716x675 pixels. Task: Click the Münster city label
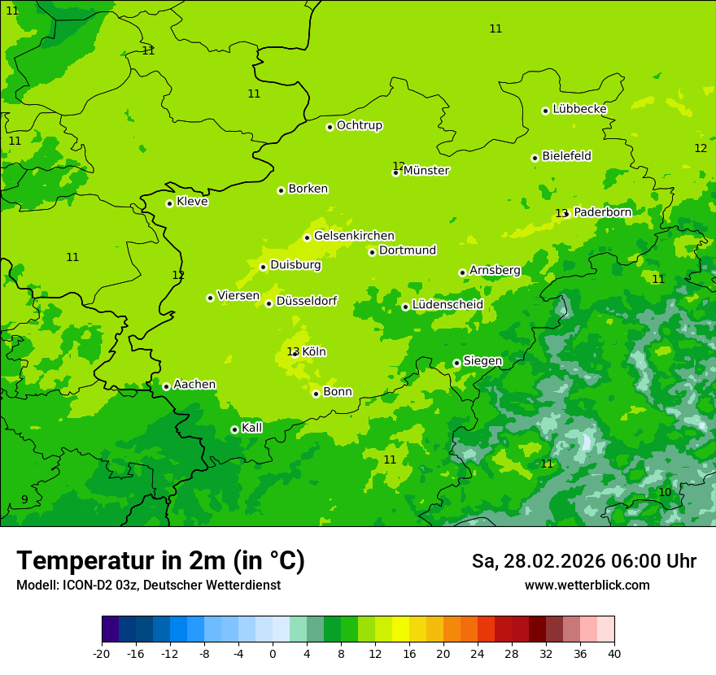pyautogui.click(x=426, y=171)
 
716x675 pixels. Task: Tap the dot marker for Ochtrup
pyautogui.click(x=330, y=127)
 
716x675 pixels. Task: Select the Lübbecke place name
pyautogui.click(x=579, y=109)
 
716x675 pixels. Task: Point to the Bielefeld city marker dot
pyautogui.click(x=535, y=158)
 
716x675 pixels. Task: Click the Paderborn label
pyautogui.click(x=602, y=212)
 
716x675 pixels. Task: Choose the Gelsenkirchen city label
pyautogui.click(x=354, y=236)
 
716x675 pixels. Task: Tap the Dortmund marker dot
pyautogui.click(x=372, y=252)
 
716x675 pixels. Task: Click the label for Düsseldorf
pyautogui.click(x=307, y=301)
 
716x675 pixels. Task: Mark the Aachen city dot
pyautogui.click(x=166, y=386)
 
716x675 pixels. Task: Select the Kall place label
pyautogui.click(x=252, y=428)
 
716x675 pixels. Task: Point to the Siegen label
pyautogui.click(x=482, y=361)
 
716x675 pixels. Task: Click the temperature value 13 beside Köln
pyautogui.click(x=293, y=352)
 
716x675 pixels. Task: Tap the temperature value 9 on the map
pyautogui.click(x=24, y=499)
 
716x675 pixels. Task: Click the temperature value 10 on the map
pyautogui.click(x=665, y=492)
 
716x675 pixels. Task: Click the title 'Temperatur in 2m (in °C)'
pyautogui.click(x=160, y=560)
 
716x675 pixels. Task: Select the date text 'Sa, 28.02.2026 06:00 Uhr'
pyautogui.click(x=583, y=561)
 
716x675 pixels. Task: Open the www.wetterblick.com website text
pyautogui.click(x=587, y=586)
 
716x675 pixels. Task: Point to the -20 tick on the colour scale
pyautogui.click(x=102, y=653)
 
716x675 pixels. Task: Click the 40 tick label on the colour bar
pyautogui.click(x=614, y=653)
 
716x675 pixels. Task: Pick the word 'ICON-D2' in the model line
pyautogui.click(x=85, y=586)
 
